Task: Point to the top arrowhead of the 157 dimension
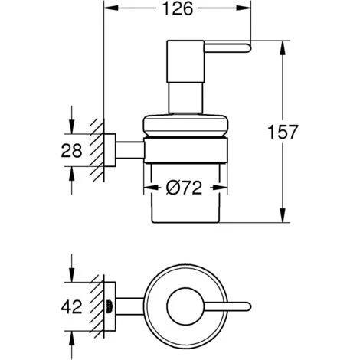[x=283, y=43]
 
